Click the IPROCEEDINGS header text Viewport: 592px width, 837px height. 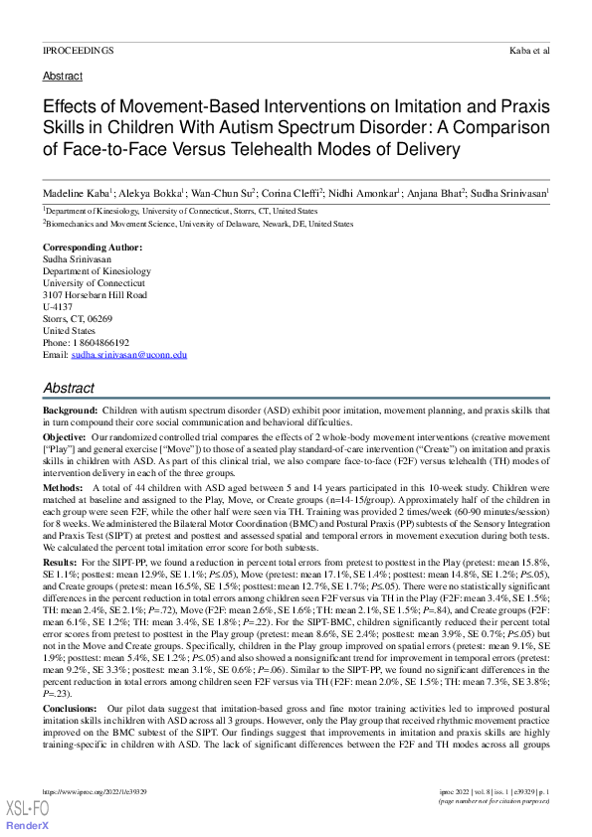point(78,49)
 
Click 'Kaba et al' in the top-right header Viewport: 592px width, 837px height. point(528,49)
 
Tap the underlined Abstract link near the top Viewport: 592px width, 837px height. point(63,76)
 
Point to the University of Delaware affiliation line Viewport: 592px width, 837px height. point(197,226)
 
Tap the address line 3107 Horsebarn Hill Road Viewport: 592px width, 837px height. point(95,295)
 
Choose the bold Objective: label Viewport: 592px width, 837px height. point(65,437)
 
